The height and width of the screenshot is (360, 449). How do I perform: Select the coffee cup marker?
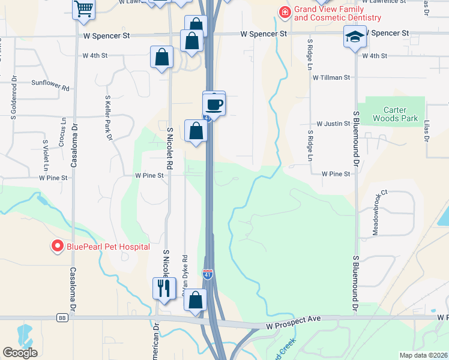(214, 105)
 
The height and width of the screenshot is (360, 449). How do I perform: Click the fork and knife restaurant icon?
(163, 289)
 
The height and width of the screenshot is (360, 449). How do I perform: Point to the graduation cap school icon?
(354, 37)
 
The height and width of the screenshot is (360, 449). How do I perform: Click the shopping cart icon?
(84, 9)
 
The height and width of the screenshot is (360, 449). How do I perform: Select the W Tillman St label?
(330, 77)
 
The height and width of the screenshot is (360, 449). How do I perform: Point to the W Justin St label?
(333, 124)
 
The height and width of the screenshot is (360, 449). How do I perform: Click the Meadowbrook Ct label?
(379, 213)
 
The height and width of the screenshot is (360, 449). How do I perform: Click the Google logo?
(20, 353)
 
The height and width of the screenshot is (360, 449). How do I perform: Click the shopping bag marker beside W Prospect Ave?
(196, 301)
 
